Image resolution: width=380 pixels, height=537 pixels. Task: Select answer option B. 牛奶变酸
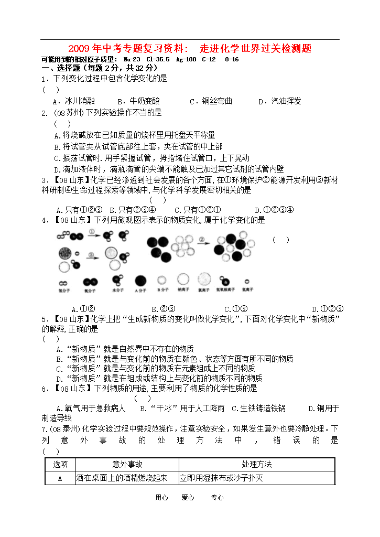point(138,101)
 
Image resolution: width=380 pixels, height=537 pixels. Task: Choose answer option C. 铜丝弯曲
point(211,101)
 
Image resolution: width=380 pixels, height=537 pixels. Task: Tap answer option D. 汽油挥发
point(280,101)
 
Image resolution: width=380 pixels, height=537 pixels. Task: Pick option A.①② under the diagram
point(83,309)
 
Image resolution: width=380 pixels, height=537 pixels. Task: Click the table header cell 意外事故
point(127,464)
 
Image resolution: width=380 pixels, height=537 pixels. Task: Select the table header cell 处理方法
point(256,464)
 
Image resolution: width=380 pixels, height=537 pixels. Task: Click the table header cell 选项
point(60,464)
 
